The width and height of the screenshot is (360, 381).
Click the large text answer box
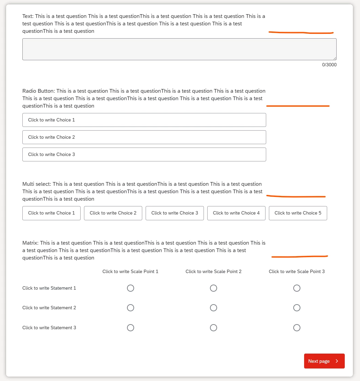pos(179,49)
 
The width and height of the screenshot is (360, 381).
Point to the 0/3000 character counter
pos(329,65)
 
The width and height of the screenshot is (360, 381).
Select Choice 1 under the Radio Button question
pos(144,120)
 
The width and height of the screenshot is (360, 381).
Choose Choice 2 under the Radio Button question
pos(144,137)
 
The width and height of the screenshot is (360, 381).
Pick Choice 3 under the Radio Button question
pos(144,154)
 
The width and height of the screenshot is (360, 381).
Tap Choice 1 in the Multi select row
pos(51,213)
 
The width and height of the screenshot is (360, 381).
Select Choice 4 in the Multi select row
pos(236,213)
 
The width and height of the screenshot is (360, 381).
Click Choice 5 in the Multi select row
pos(298,213)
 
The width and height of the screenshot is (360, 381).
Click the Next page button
pos(324,361)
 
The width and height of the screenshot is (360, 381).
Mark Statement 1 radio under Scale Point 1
pos(130,288)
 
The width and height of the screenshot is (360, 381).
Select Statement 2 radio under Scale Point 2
pos(213,308)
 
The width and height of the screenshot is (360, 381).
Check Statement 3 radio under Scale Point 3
pos(297,328)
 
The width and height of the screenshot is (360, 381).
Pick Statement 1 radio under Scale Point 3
pos(297,288)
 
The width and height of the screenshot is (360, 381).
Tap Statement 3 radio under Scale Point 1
pos(130,328)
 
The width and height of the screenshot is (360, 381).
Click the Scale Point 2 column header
pos(213,271)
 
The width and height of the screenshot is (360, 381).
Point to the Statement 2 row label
pos(49,308)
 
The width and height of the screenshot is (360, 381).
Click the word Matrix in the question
pos(30,243)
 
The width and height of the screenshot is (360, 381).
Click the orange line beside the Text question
pos(301,32)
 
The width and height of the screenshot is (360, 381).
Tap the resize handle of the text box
pos(335,58)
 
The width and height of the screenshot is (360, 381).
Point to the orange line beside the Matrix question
pos(299,256)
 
